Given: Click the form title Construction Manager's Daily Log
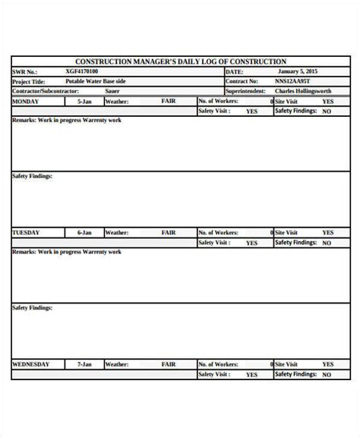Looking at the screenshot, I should pos(180,61).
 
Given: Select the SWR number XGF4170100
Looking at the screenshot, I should pos(81,71).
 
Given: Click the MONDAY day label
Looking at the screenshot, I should pos(26,101).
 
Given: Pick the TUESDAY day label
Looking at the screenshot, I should pos(27,233).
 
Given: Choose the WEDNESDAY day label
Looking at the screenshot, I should pos(30,364).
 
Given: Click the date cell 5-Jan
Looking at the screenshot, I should pos(84,101).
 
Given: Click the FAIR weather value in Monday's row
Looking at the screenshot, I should pos(169,100).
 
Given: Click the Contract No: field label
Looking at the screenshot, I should pos(243,81).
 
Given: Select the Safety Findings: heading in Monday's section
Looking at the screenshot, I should pos(33,175).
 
